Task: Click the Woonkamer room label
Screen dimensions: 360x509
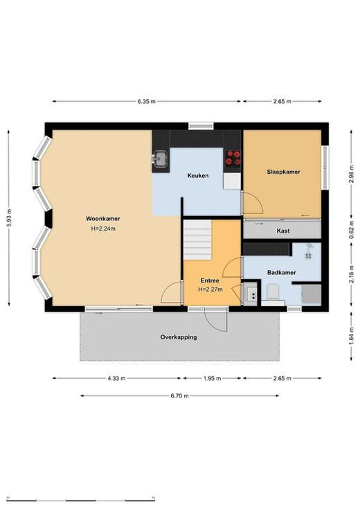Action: pyautogui.click(x=103, y=218)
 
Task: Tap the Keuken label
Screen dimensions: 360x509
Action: pyautogui.click(x=198, y=176)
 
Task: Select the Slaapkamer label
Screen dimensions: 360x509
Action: pyautogui.click(x=283, y=172)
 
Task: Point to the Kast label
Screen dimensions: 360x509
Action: pyautogui.click(x=283, y=231)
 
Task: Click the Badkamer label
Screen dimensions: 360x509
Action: pyautogui.click(x=282, y=272)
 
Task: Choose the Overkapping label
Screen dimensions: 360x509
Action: pyautogui.click(x=179, y=337)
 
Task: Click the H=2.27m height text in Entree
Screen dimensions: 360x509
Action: pyautogui.click(x=210, y=289)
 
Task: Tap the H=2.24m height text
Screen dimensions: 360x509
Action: pyautogui.click(x=103, y=229)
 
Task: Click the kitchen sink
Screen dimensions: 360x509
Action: pyautogui.click(x=160, y=159)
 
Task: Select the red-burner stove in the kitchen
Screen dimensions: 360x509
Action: pyautogui.click(x=233, y=157)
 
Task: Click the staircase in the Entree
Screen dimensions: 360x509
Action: pyautogui.click(x=198, y=240)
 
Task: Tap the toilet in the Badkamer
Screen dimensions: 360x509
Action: pyautogui.click(x=273, y=292)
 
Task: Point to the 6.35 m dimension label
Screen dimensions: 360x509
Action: pyautogui.click(x=146, y=101)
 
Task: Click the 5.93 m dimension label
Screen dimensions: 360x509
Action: pyautogui.click(x=9, y=218)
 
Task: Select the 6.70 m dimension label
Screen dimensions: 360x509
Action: pyautogui.click(x=179, y=395)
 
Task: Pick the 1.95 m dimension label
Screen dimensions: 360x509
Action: pyautogui.click(x=213, y=378)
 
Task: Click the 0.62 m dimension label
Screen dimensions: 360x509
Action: pyautogui.click(x=351, y=230)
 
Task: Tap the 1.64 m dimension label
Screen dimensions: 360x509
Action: pyautogui.click(x=351, y=336)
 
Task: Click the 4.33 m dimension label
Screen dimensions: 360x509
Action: pyautogui.click(x=117, y=378)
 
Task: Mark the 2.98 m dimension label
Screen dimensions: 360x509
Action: pyautogui.click(x=351, y=175)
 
